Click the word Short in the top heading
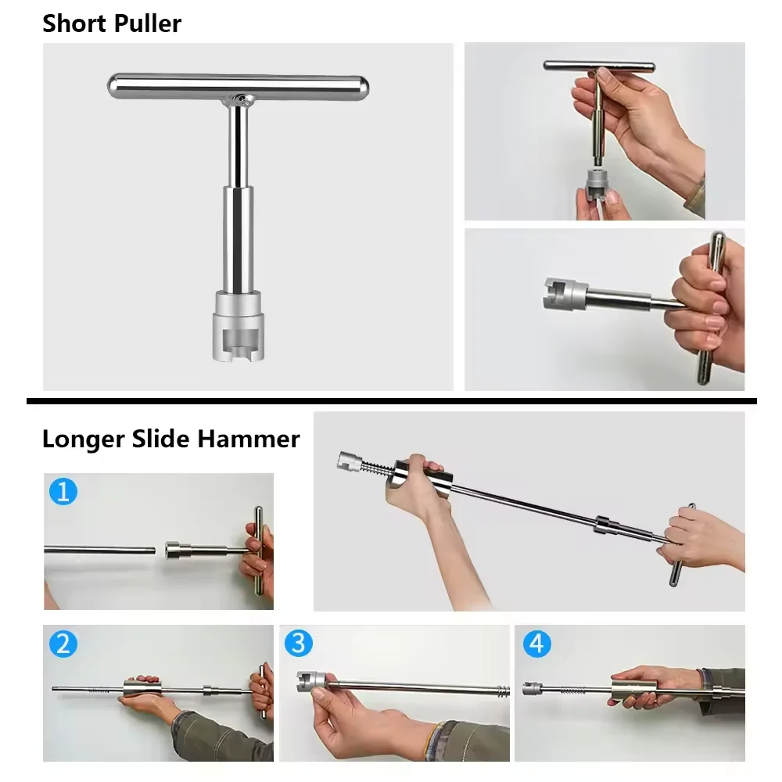pyautogui.click(x=74, y=23)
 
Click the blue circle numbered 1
pyautogui.click(x=63, y=491)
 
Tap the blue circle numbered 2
pyautogui.click(x=63, y=644)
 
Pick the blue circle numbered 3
pyautogui.click(x=298, y=644)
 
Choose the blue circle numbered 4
pyautogui.click(x=536, y=644)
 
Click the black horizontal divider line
pyautogui.click(x=391, y=401)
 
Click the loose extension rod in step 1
pyautogui.click(x=98, y=550)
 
